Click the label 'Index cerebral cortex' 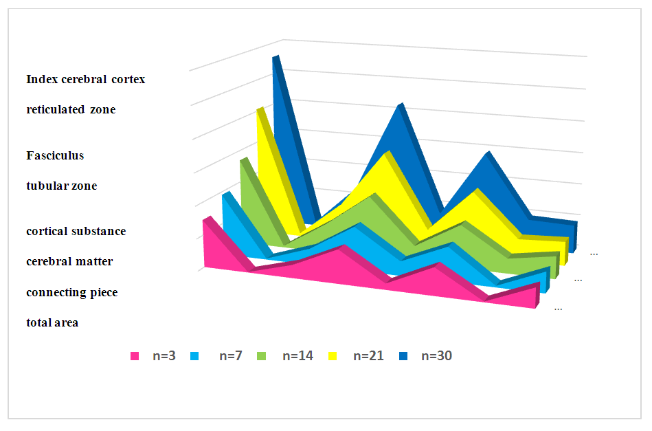[85, 79]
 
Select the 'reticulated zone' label [71, 109]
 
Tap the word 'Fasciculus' [55, 155]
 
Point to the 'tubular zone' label [61, 186]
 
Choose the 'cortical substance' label [76, 231]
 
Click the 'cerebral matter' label [69, 261]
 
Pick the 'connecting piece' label [71, 292]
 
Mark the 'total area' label [52, 322]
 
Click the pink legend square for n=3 [135, 356]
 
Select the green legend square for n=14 [262, 356]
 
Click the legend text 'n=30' [436, 356]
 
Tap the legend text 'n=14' [297, 356]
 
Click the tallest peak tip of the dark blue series [275, 57]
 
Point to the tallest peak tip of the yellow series [259, 109]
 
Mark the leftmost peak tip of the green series [242, 160]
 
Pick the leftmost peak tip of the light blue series [225, 195]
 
